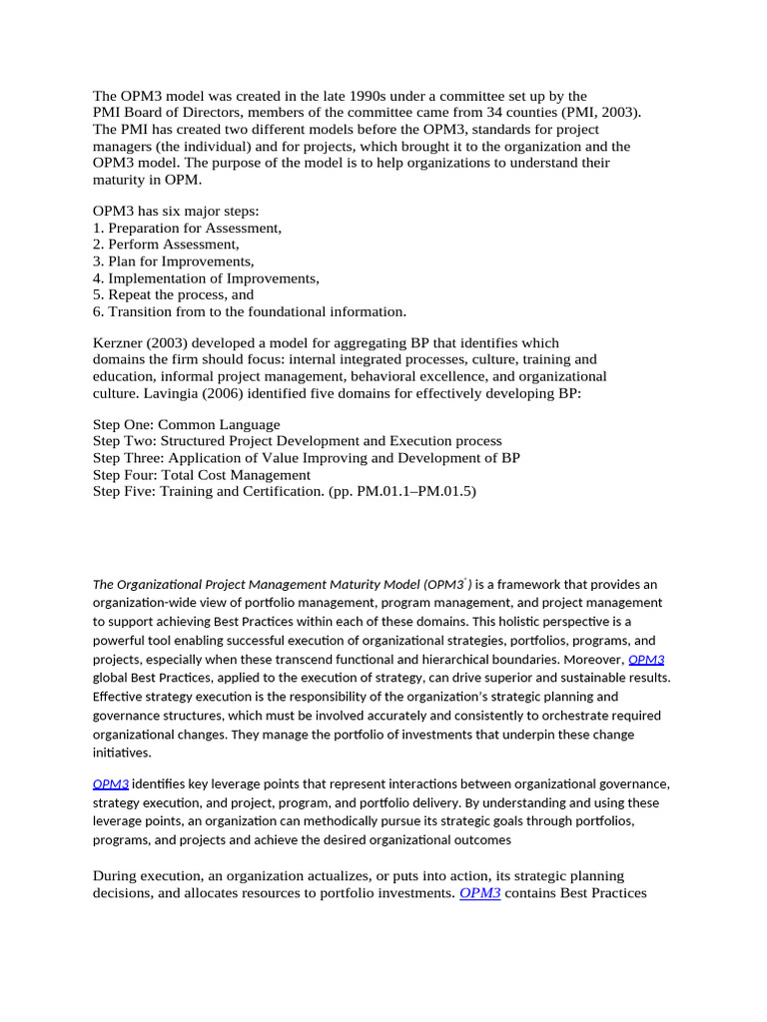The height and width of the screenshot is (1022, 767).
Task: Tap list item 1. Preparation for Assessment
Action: coord(187,228)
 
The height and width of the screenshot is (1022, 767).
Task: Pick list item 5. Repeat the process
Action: coord(173,294)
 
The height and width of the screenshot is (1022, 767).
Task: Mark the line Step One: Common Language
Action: coord(186,424)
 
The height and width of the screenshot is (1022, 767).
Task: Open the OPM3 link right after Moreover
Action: coord(646,660)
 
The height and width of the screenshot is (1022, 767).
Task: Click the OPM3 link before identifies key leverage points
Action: coord(111,784)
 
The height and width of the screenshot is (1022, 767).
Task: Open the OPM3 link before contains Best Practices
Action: coord(479,893)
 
